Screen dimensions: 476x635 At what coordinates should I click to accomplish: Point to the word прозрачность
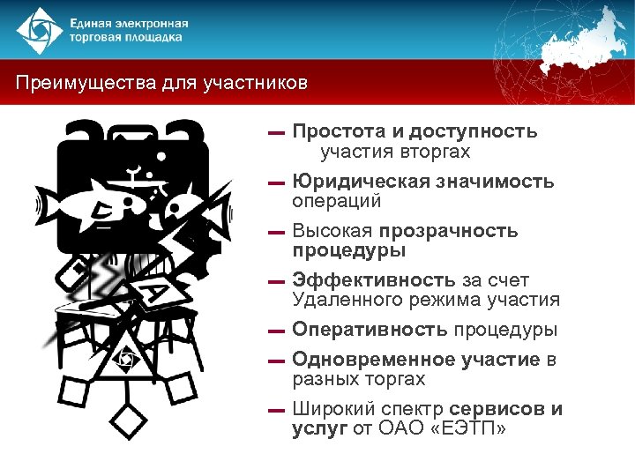450,231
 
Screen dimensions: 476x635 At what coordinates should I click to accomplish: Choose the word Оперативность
370,330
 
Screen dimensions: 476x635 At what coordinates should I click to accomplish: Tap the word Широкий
333,409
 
